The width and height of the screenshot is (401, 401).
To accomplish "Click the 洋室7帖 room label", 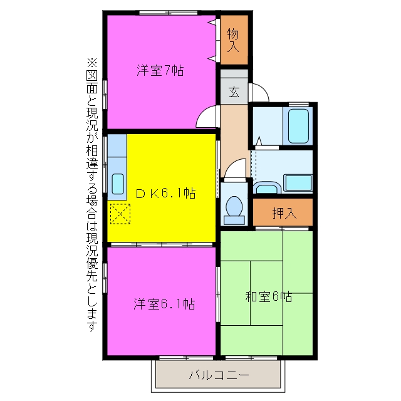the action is coord(160,70).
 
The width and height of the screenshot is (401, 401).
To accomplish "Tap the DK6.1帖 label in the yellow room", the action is coord(165,194).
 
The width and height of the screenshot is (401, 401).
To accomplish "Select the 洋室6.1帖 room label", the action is coord(164,304).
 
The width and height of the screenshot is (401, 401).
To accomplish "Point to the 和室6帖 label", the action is coord(269,296).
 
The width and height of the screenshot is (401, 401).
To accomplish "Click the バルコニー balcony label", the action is coord(219,375).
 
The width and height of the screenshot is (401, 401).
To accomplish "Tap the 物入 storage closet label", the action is coord(233,40).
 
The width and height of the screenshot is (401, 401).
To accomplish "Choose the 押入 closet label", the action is coord(284,213).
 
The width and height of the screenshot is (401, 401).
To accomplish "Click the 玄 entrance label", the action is coord(234,92).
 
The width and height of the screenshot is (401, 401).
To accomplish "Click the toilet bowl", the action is coord(234,206).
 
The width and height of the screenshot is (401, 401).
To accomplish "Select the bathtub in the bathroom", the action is coord(298,126).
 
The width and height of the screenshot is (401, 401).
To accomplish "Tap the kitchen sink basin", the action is coord(118,184).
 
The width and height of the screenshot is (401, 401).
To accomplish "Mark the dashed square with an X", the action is coord(120,214).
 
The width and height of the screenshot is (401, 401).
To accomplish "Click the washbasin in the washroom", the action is coord(267,188).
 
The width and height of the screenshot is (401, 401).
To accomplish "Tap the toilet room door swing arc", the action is coord(231,164).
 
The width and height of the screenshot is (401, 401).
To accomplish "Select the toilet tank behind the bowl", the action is coord(234,220).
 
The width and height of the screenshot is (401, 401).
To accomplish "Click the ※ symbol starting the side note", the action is coord(92,63).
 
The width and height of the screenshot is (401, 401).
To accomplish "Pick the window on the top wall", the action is coord(169,13).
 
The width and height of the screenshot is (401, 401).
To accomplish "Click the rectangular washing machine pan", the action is coord(298,182).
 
